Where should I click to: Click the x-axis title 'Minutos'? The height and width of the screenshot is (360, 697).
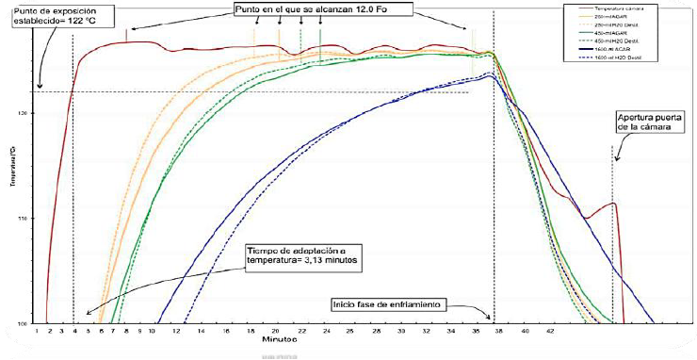coord(282,341)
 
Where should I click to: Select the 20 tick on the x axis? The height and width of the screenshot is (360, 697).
coord(276,333)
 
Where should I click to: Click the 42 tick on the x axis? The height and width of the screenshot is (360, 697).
coord(552,333)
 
